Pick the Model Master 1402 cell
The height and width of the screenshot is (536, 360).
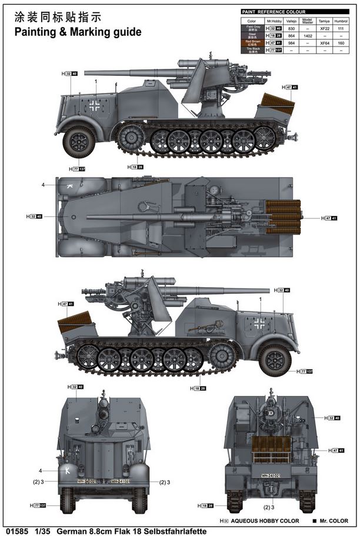(x=307, y=35)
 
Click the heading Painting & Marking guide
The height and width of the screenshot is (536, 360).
(x=78, y=32)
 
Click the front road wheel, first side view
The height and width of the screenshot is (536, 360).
(x=78, y=141)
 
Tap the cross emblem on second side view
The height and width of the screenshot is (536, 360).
(x=259, y=323)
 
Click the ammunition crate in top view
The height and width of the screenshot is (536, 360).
(x=282, y=217)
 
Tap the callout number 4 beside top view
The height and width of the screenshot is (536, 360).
(x=43, y=185)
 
